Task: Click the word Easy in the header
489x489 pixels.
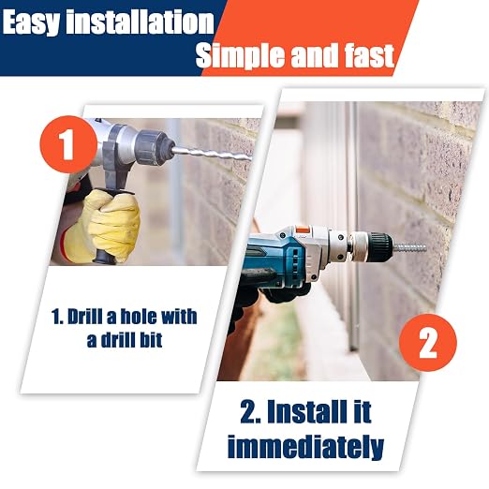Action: [31, 22]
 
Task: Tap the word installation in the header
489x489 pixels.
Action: [140, 21]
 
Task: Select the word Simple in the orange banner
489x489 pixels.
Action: [240, 55]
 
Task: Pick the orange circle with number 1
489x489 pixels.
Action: [68, 144]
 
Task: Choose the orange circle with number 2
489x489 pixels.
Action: [428, 343]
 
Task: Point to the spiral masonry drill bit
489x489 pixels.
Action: [212, 155]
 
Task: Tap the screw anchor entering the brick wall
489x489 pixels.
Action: [409, 248]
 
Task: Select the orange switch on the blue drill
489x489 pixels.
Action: [302, 229]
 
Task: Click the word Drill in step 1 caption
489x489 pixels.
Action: [85, 317]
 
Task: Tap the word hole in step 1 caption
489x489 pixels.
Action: [138, 317]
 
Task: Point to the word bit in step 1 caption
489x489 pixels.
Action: [150, 339]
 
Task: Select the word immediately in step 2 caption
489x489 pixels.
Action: [305, 447]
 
